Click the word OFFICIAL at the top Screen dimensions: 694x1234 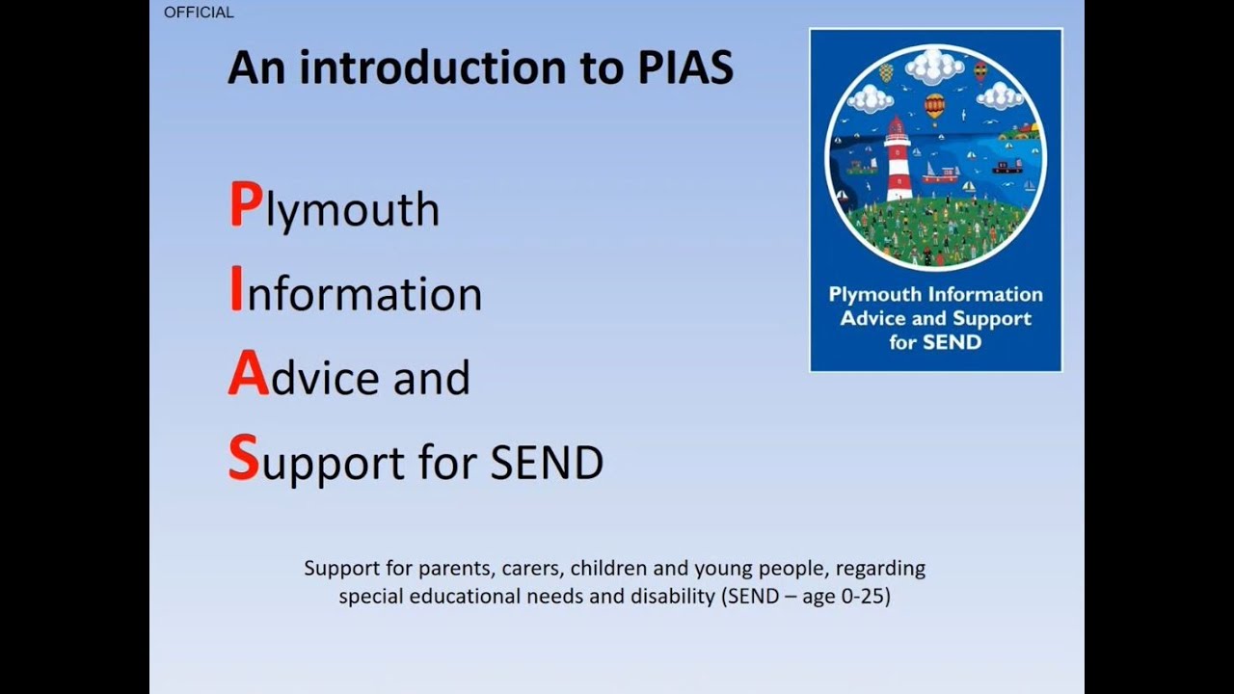tap(199, 13)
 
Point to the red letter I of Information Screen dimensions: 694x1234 tap(235, 291)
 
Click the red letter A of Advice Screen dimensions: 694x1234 tap(248, 376)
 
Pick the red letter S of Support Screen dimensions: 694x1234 tap(244, 460)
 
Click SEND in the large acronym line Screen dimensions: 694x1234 tap(547, 462)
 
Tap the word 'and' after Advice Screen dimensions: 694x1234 tap(431, 378)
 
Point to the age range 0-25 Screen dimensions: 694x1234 tap(865, 597)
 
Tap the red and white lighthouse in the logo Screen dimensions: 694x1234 tap(899, 159)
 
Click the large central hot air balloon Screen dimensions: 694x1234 tap(934, 106)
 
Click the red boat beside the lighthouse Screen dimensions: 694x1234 tap(940, 175)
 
